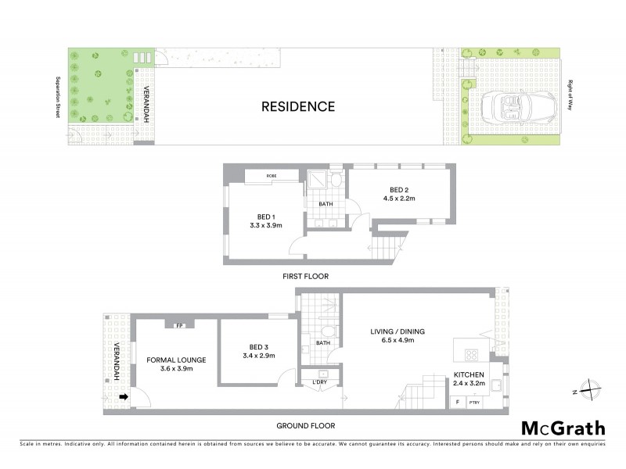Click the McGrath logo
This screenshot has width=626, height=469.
(563, 428)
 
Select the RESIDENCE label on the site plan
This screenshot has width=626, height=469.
(298, 106)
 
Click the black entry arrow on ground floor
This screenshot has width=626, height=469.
(123, 398)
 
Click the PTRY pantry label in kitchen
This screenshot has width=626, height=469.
(474, 403)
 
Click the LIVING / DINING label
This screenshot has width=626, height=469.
(398, 331)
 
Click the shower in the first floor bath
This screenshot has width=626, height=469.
(317, 180)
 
